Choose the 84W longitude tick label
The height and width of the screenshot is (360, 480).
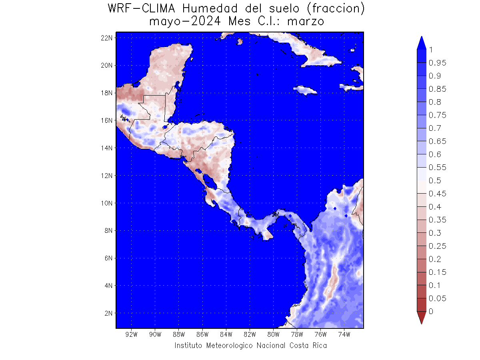(x=226, y=334)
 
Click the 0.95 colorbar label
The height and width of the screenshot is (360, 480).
(x=437, y=63)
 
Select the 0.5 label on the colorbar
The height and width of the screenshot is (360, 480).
(x=435, y=180)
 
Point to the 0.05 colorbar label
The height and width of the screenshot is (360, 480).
(x=437, y=298)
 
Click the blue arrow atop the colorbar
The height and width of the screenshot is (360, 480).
(x=421, y=43)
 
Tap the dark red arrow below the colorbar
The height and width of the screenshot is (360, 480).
(x=421, y=318)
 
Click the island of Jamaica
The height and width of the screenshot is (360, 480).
(x=305, y=89)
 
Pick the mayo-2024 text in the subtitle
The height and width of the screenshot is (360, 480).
(x=184, y=21)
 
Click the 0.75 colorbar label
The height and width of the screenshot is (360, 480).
(x=437, y=115)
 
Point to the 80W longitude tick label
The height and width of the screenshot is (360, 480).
(x=273, y=334)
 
